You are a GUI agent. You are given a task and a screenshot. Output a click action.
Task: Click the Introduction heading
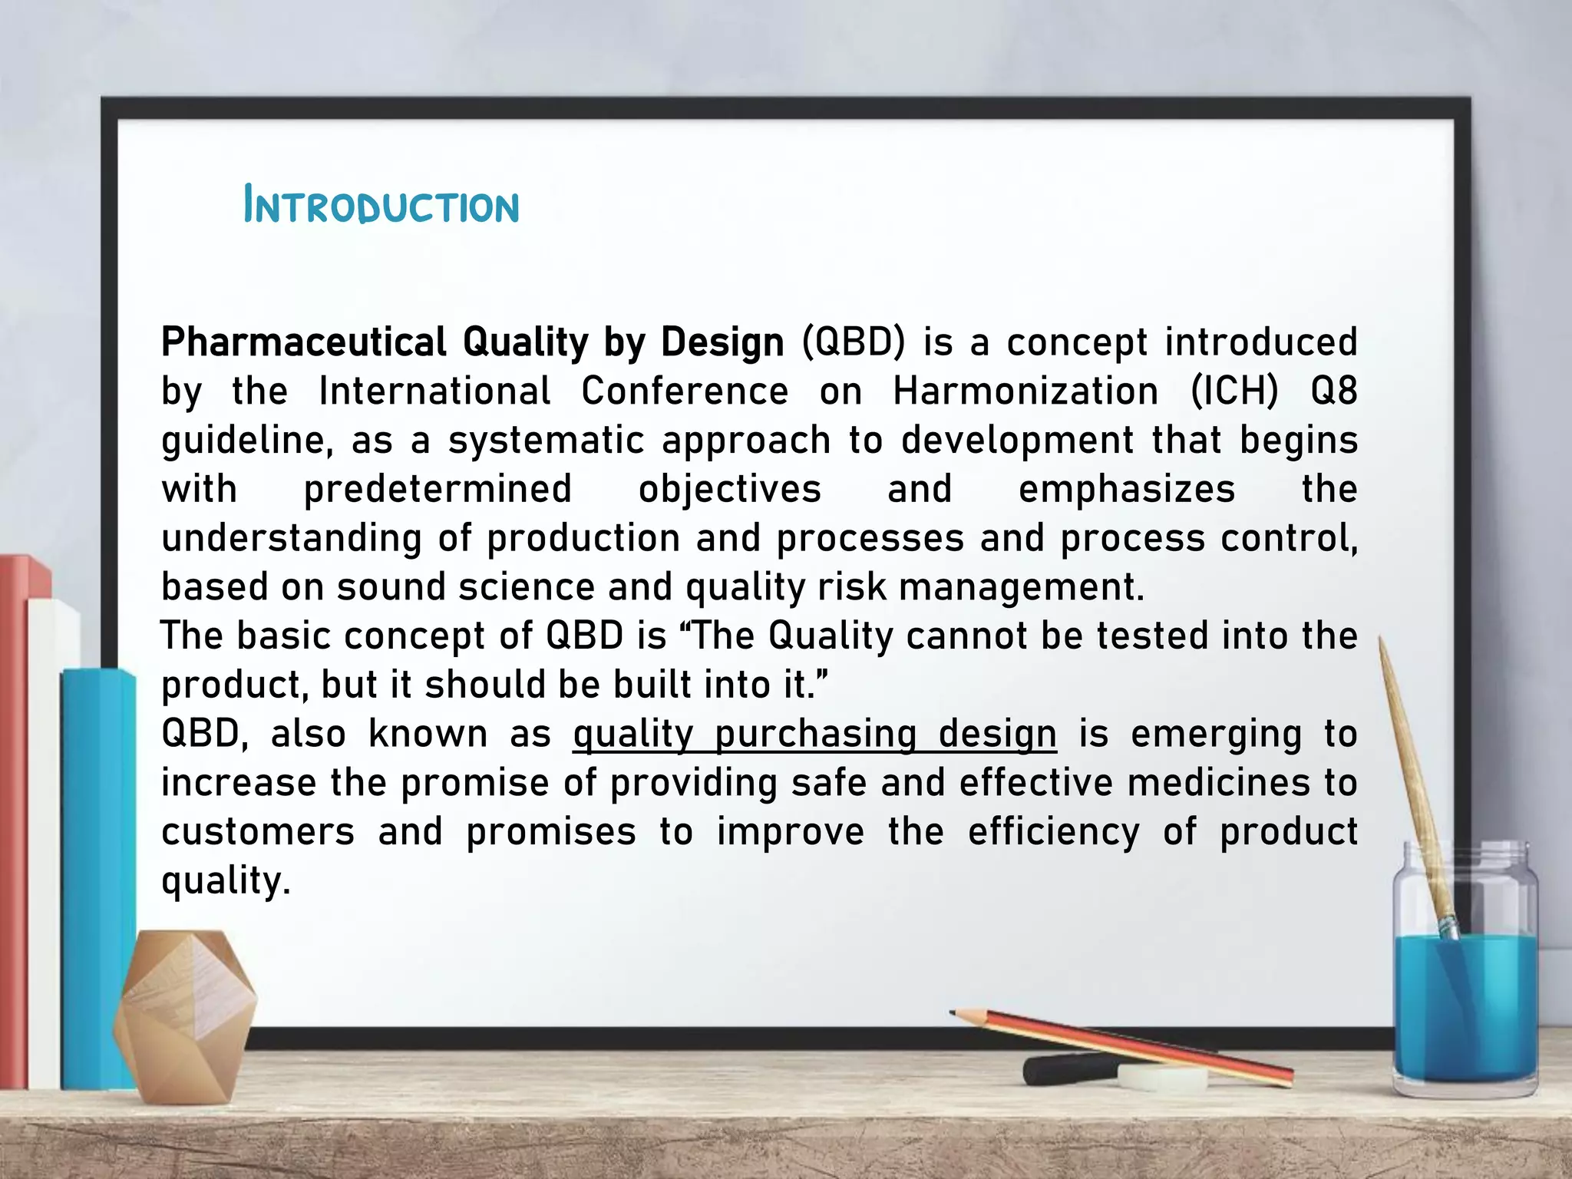tap(381, 206)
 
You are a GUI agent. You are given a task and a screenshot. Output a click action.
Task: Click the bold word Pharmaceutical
tap(304, 342)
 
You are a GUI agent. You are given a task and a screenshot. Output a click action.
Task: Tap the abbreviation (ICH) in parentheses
tap(1234, 391)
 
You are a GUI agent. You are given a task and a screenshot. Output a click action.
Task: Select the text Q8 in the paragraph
tap(1334, 391)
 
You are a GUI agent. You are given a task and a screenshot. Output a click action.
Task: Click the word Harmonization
tap(1025, 391)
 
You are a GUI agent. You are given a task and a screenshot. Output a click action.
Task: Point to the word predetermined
tap(438, 490)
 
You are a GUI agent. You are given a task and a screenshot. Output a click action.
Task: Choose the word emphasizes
tap(1126, 490)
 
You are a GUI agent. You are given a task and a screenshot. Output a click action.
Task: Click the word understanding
tap(292, 539)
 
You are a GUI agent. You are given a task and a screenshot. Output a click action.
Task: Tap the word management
tap(1021, 588)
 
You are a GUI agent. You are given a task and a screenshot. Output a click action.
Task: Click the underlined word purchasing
tap(815, 734)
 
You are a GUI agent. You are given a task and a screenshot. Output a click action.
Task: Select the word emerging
tap(1216, 734)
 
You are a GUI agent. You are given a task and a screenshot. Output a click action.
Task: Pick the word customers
tap(258, 832)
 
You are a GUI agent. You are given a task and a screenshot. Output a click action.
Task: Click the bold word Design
tap(722, 342)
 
